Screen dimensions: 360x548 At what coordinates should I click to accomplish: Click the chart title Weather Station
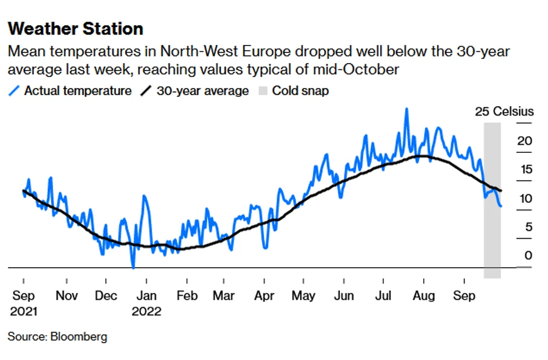(x=76, y=29)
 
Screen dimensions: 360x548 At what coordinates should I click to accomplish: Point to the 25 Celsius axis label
(x=504, y=111)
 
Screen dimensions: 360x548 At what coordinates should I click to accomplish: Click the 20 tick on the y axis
(x=525, y=141)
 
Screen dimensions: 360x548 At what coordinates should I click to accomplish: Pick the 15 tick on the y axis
(x=525, y=170)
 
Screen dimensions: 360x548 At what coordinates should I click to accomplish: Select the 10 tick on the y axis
(x=525, y=198)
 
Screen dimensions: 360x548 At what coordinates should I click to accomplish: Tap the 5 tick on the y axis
(x=528, y=227)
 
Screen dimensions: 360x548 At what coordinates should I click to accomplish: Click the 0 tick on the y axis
(x=528, y=256)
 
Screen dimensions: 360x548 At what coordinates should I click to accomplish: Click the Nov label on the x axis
(x=67, y=296)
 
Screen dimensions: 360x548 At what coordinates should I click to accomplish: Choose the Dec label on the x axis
(x=107, y=296)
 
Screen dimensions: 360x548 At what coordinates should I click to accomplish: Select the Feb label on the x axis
(x=187, y=296)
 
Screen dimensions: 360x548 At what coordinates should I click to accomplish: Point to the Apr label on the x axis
(x=265, y=296)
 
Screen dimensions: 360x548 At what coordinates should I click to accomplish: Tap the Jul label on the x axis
(x=384, y=296)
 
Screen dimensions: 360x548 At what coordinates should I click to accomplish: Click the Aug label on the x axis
(x=424, y=296)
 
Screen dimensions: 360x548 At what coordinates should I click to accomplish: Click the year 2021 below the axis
(x=23, y=312)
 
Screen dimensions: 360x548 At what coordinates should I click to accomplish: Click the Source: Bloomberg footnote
(x=57, y=337)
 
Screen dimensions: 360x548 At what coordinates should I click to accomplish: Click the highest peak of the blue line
(x=406, y=109)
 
